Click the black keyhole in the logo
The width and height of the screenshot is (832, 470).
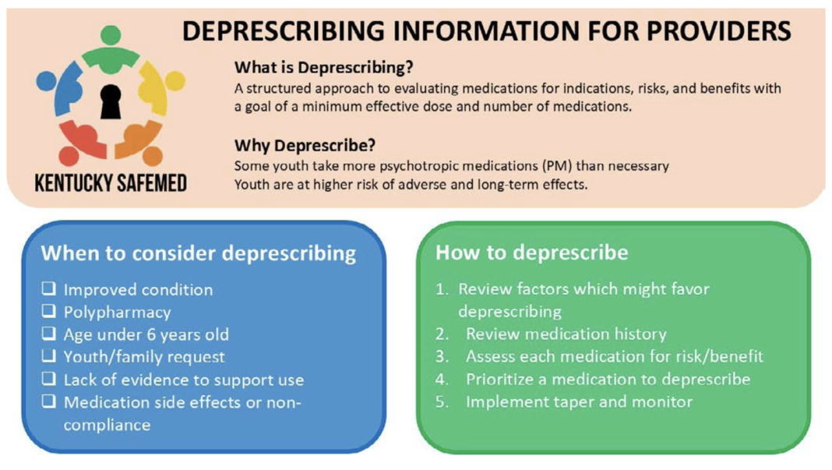click(111, 100)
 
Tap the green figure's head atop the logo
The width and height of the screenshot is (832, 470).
click(111, 34)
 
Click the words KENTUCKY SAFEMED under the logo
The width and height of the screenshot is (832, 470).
click(111, 184)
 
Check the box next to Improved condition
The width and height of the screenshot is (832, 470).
click(49, 289)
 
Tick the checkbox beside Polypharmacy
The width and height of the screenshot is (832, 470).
click(49, 312)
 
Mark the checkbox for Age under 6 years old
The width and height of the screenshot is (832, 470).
click(49, 334)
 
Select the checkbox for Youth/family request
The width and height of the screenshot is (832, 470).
click(49, 357)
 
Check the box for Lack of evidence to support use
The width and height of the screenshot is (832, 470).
click(49, 380)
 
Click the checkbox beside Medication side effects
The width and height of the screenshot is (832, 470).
click(49, 402)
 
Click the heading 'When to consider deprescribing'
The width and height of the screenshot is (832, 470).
click(198, 253)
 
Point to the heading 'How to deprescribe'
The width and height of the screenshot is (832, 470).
click(531, 253)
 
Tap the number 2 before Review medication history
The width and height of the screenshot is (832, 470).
click(442, 334)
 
